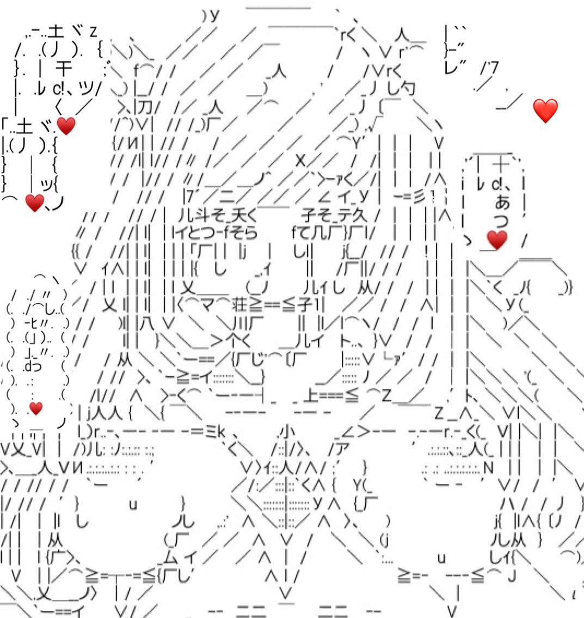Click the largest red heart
(x=545, y=111)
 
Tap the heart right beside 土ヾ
(x=66, y=126)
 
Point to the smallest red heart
(x=36, y=408)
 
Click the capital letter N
(x=488, y=467)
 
